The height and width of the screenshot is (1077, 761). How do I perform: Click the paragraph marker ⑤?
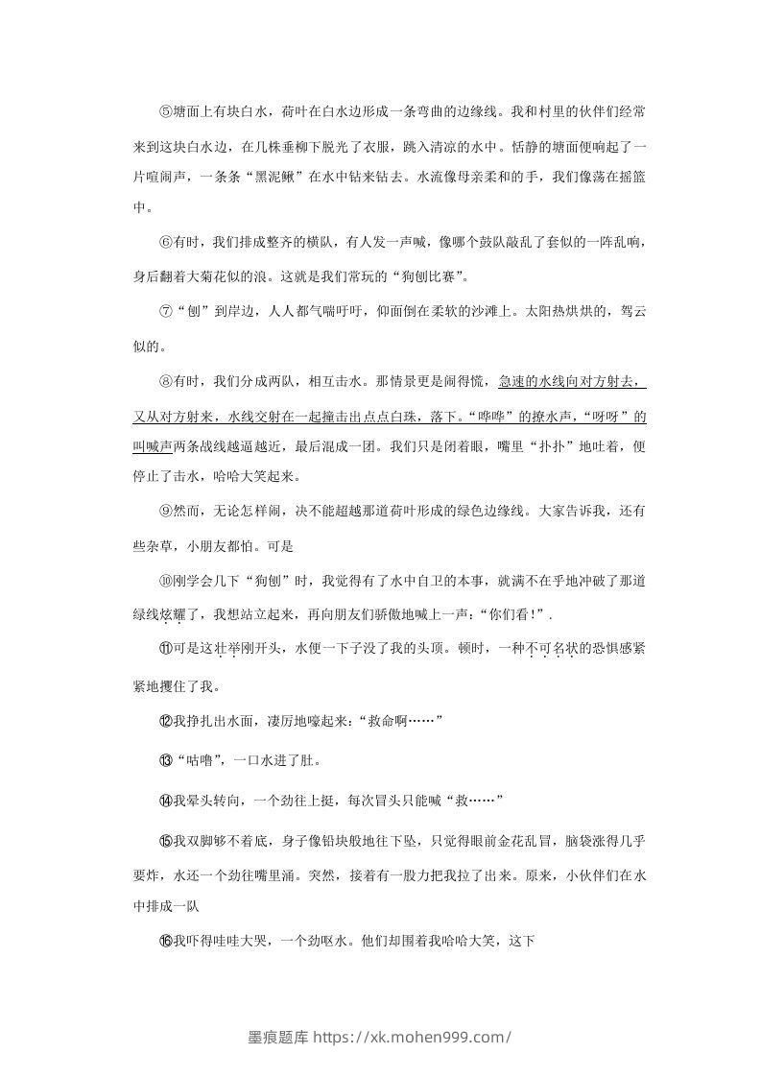tap(165, 112)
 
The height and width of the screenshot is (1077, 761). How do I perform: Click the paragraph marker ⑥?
tap(165, 242)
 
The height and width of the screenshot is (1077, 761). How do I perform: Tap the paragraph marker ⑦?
tap(165, 311)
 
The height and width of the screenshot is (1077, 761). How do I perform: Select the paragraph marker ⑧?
tap(165, 381)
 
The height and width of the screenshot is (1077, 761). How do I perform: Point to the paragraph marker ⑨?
tap(165, 511)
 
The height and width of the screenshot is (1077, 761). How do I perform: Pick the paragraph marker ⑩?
tap(165, 581)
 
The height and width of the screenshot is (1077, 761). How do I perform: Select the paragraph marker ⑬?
tap(165, 761)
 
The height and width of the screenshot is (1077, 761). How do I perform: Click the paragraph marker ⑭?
tap(165, 801)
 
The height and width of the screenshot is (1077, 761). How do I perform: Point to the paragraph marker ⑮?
tap(165, 841)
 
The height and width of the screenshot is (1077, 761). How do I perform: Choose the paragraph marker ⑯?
tap(165, 942)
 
